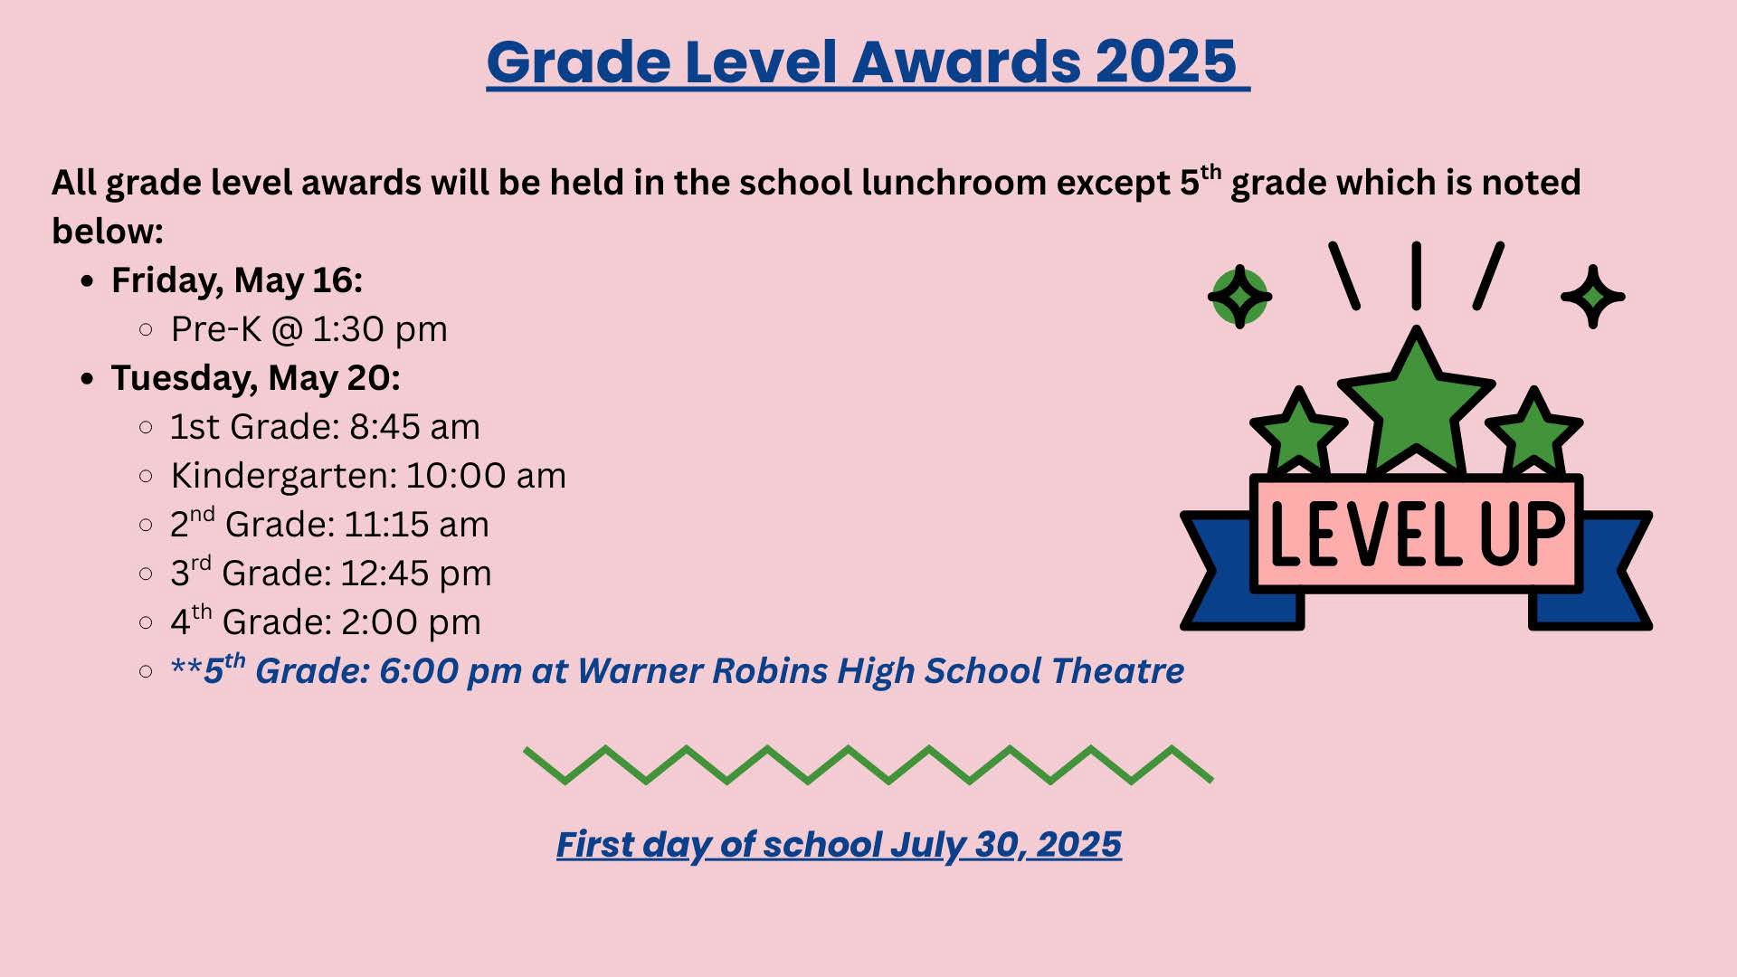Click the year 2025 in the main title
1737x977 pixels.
pyautogui.click(x=1166, y=62)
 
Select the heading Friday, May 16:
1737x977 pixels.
pyautogui.click(x=237, y=281)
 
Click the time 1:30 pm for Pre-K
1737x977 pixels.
pyautogui.click(x=379, y=329)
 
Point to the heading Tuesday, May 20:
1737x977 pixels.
pyautogui.click(x=256, y=379)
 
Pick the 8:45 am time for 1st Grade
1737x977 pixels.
pyautogui.click(x=414, y=427)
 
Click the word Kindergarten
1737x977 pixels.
pyautogui.click(x=283, y=477)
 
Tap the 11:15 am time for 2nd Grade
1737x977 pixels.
pyautogui.click(x=416, y=525)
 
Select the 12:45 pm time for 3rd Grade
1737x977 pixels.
pyautogui.click(x=416, y=574)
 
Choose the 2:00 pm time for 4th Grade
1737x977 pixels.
pyautogui.click(x=411, y=622)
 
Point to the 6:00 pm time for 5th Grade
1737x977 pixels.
pyautogui.click(x=451, y=672)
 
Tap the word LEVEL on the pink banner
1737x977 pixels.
pyautogui.click(x=1365, y=533)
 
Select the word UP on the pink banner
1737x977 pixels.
pyautogui.click(x=1523, y=533)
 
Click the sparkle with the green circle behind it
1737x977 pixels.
pyautogui.click(x=1239, y=297)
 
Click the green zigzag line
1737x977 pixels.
pyautogui.click(x=868, y=764)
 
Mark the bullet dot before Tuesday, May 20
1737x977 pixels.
pyautogui.click(x=87, y=378)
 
